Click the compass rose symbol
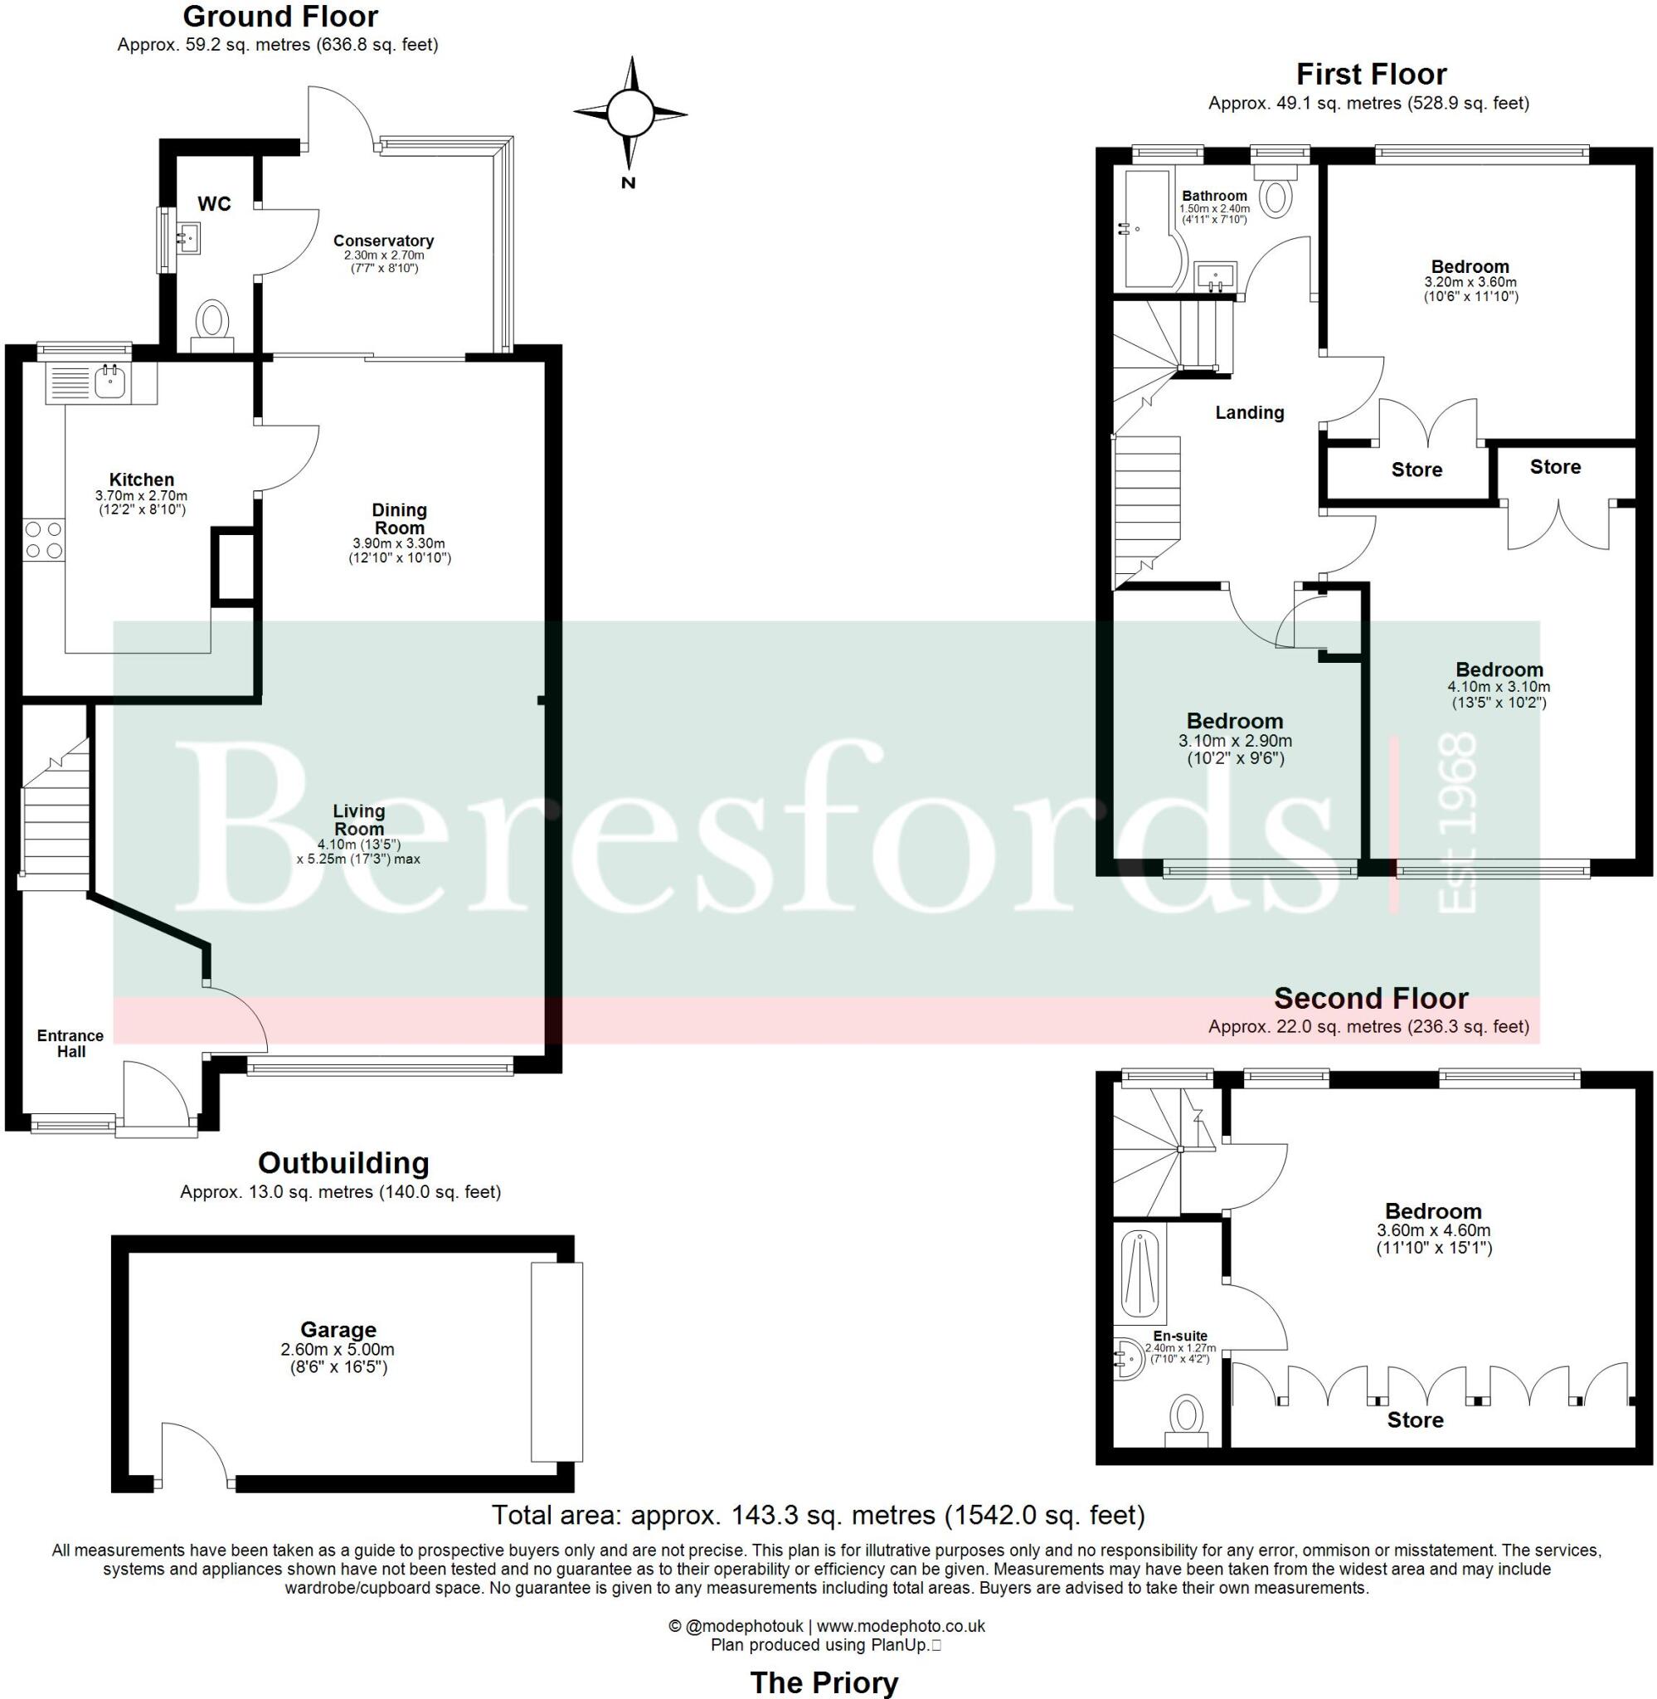pyautogui.click(x=629, y=113)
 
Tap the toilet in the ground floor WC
pyautogui.click(x=211, y=321)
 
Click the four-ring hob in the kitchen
pyautogui.click(x=43, y=539)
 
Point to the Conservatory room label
pyautogui.click(x=383, y=241)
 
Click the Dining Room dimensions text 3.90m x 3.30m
pyautogui.click(x=400, y=543)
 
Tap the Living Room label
pyautogui.click(x=358, y=820)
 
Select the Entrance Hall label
pyautogui.click(x=70, y=1043)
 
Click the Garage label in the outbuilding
pyautogui.click(x=338, y=1329)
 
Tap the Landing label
pyautogui.click(x=1249, y=412)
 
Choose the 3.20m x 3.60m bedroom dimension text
pyautogui.click(x=1470, y=282)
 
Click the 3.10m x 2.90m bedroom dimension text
pyautogui.click(x=1235, y=742)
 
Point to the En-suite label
pyautogui.click(x=1180, y=1336)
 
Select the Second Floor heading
pyautogui.click(x=1371, y=997)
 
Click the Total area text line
pyautogui.click(x=818, y=1516)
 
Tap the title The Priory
pyautogui.click(x=824, y=1682)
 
